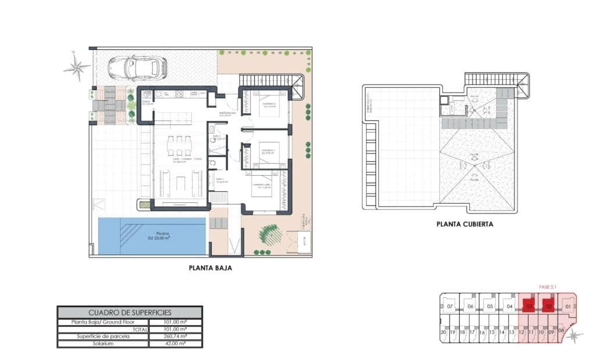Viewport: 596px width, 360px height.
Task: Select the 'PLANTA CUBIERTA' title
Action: coord(465,223)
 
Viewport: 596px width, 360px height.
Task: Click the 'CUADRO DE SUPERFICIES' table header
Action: coord(129,312)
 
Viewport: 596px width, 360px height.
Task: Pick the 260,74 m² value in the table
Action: coord(175,336)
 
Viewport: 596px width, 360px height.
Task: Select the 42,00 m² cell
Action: coord(175,344)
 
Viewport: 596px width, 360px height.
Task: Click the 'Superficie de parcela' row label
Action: coord(102,336)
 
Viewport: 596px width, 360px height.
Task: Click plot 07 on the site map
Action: coord(449,306)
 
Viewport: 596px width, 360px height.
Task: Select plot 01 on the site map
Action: coord(567,306)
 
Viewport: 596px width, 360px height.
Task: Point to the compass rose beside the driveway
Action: coord(76,66)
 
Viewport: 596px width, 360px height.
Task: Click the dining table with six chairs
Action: coord(179,145)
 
